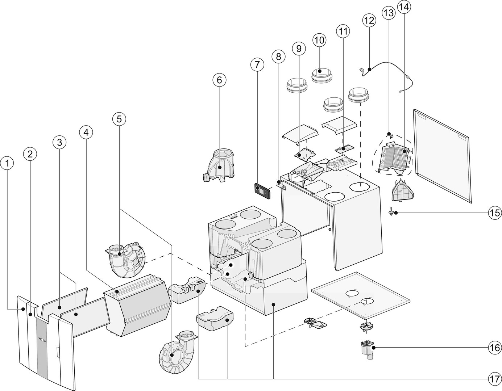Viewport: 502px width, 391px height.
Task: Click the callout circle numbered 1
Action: (x=7, y=163)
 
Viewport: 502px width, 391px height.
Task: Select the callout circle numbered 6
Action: (x=219, y=80)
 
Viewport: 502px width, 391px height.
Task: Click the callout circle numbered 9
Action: (x=299, y=48)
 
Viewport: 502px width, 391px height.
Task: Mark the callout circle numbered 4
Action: (x=86, y=133)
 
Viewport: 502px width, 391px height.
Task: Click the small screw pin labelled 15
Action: (x=391, y=212)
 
